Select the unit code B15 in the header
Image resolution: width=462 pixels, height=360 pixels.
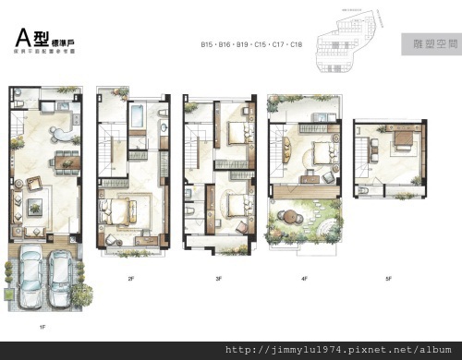coord(208,44)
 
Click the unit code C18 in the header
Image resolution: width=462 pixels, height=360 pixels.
coord(297,44)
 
